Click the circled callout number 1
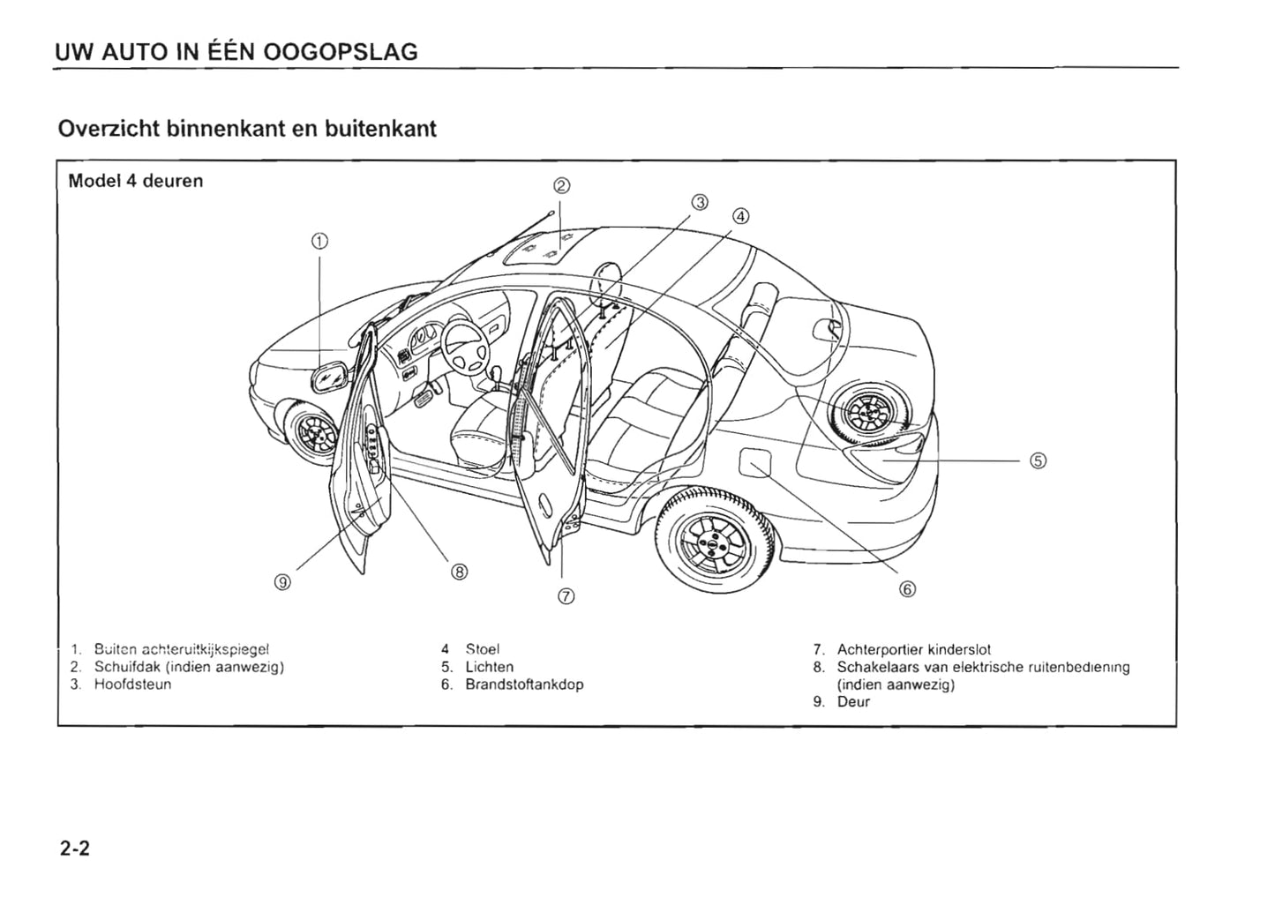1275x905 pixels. click(319, 241)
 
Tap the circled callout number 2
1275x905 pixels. click(561, 185)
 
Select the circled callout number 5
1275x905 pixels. click(1038, 460)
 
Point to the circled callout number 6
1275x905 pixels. click(907, 589)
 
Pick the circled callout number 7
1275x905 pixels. click(566, 596)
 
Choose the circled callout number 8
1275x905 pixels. click(459, 572)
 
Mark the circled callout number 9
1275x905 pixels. click(282, 581)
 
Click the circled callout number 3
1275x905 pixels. click(699, 202)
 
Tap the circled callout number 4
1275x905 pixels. click(740, 216)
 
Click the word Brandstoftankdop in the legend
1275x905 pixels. click(524, 684)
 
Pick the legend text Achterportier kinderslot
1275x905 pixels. click(914, 650)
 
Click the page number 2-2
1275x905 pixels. click(75, 849)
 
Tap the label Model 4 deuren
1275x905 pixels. click(136, 181)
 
